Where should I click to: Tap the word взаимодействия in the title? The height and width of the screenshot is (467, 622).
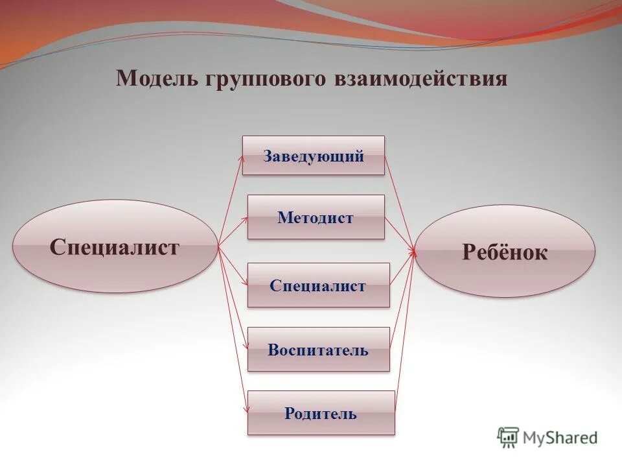[420, 78]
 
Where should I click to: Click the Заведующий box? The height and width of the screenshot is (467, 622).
[314, 156]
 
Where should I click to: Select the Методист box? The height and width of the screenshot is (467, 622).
[316, 217]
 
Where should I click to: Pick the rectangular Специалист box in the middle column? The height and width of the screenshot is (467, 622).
[318, 285]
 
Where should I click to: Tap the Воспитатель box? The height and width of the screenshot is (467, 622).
[318, 350]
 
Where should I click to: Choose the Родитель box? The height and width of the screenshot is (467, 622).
[321, 413]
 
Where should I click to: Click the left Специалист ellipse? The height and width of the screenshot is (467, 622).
[115, 246]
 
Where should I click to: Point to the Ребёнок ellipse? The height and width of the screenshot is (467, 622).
[505, 252]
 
